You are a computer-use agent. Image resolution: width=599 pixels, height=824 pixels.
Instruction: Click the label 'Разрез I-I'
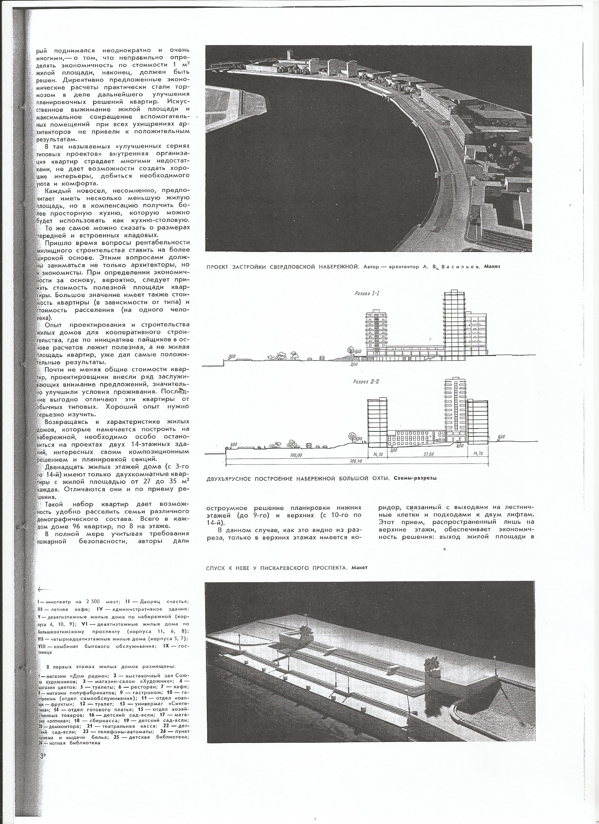point(367,293)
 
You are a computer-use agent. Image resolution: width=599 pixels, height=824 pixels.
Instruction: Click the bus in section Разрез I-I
point(322,358)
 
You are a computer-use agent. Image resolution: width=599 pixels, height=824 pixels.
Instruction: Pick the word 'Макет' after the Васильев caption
point(492,267)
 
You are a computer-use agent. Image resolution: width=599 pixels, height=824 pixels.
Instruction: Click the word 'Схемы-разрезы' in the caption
point(415,478)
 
